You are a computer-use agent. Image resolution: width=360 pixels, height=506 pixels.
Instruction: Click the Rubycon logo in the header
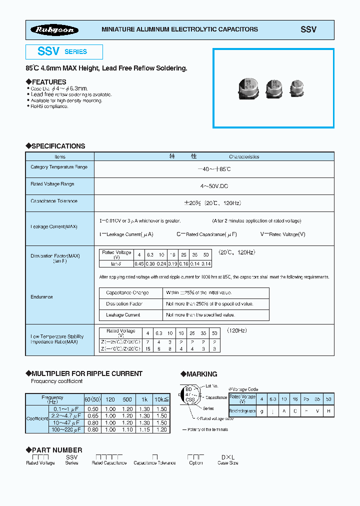[55, 30]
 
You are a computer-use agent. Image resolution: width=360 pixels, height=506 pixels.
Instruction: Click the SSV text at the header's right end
[308, 29]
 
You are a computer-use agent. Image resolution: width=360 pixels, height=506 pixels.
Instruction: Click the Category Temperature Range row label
[59, 167]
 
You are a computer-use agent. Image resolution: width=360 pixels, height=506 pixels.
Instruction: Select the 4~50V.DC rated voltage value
[214, 186]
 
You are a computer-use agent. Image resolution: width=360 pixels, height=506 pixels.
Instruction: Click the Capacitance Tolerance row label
[54, 201]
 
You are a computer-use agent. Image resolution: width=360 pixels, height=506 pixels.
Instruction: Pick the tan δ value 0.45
[139, 263]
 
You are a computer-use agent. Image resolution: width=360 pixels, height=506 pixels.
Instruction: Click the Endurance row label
[41, 297]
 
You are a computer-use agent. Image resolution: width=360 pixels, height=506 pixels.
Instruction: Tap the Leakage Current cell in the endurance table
[123, 315]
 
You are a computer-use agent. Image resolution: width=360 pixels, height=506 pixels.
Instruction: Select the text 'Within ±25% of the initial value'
[199, 293]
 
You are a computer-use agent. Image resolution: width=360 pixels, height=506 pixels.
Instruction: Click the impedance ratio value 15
[147, 348]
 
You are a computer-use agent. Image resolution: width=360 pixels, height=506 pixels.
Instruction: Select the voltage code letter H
[328, 410]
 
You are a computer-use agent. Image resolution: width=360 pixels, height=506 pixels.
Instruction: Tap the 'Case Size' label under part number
[228, 463]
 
